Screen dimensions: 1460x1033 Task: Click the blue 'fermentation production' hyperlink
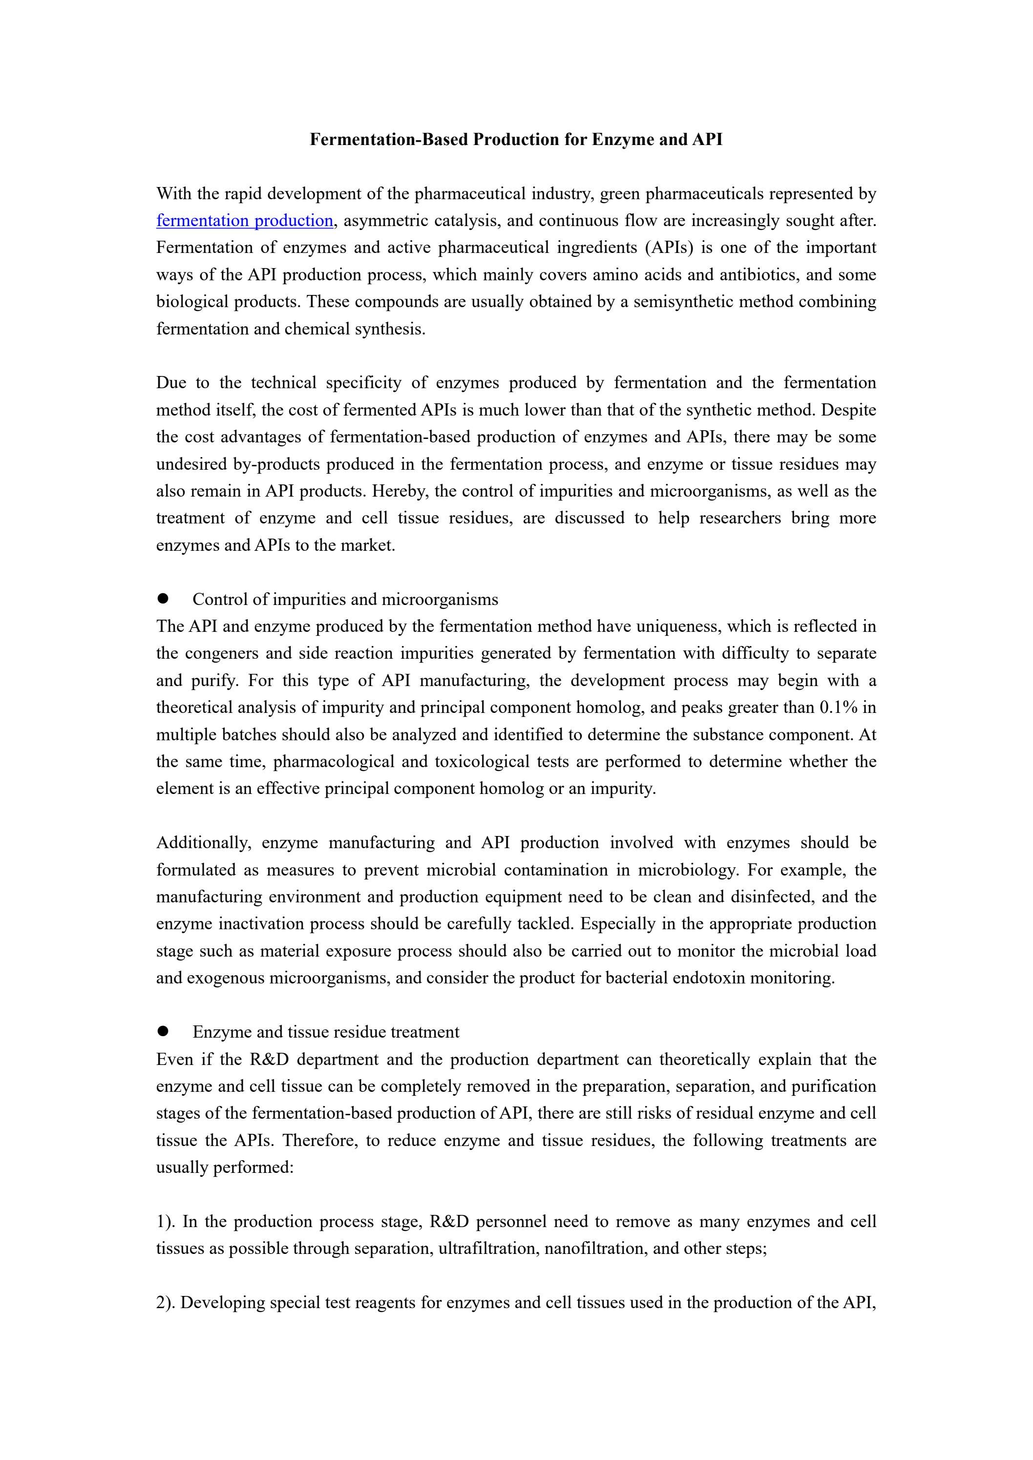(244, 221)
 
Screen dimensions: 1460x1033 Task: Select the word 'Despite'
(848, 410)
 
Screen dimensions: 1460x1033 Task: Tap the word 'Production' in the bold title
(517, 139)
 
